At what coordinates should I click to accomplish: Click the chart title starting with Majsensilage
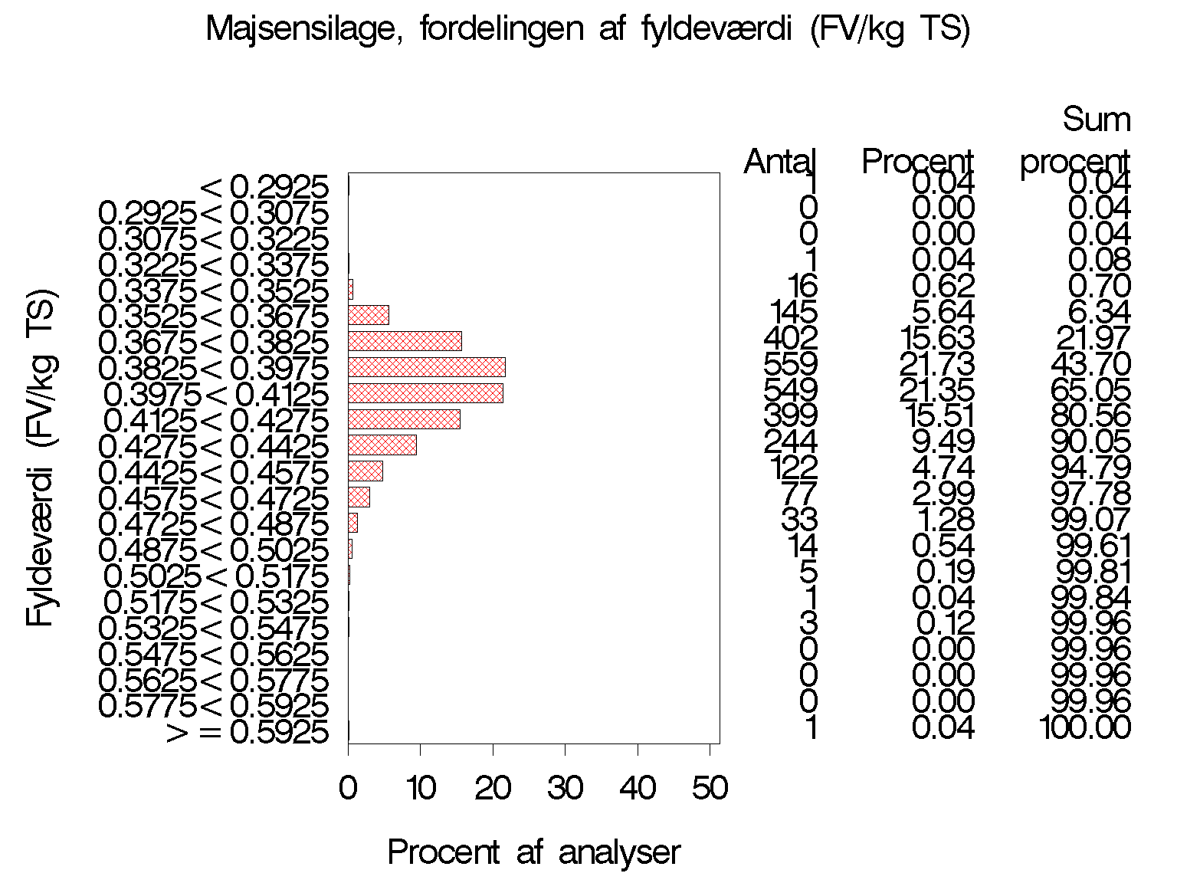point(588,31)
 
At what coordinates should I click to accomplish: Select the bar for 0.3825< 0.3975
point(426,367)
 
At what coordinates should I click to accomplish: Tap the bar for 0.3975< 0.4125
point(425,393)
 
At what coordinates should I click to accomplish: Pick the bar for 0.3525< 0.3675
point(368,315)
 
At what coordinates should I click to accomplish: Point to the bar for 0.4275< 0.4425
point(382,445)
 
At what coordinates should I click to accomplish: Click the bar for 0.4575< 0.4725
point(359,497)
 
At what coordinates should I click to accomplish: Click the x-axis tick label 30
point(565,788)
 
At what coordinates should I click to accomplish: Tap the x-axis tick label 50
point(710,788)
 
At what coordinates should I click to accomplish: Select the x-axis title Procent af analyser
point(533,852)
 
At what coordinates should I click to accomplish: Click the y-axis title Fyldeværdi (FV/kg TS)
point(41,458)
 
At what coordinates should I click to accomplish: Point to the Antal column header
point(780,162)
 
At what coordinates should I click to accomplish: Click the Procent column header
point(917,162)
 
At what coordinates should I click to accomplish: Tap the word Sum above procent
point(1096,120)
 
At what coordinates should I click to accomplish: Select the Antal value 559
point(791,364)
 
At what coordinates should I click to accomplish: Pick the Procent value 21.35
point(936,390)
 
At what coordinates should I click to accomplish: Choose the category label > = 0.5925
point(248,733)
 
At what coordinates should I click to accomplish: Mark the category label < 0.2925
point(264,186)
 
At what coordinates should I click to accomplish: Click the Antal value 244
point(791,442)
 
